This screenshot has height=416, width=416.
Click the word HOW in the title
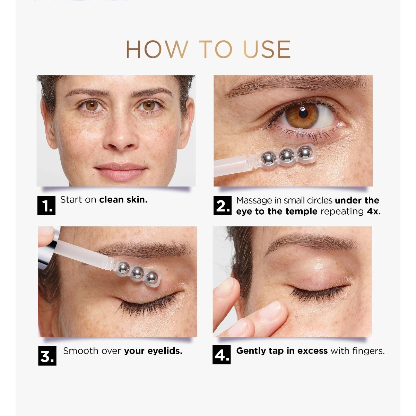[157, 49]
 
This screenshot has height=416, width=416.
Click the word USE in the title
[267, 49]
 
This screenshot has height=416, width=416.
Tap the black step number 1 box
[46, 205]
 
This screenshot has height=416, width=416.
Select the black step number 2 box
[222, 205]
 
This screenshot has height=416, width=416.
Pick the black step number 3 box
[47, 356]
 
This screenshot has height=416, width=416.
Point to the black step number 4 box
[222, 355]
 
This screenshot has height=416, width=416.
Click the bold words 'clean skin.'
[123, 200]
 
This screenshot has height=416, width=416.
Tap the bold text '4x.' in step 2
[374, 211]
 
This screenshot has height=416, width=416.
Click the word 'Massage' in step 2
[254, 201]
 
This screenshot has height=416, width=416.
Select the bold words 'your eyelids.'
[153, 351]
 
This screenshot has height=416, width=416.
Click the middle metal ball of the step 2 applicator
[286, 155]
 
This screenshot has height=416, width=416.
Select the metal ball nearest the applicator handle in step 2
[268, 158]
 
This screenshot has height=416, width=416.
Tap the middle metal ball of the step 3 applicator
[138, 273]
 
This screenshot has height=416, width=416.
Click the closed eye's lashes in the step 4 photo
[319, 293]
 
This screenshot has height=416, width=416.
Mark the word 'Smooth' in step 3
[81, 351]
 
